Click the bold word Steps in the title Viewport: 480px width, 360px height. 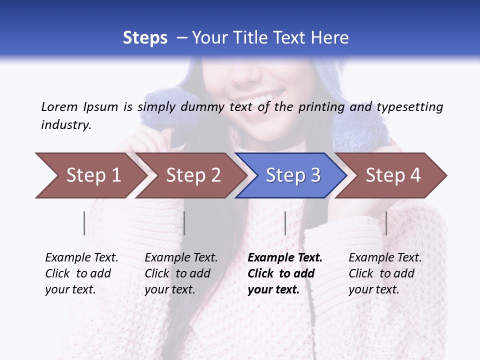tap(145, 37)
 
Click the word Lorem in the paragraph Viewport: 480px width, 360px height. tap(59, 106)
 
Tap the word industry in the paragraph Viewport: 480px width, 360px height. tap(66, 124)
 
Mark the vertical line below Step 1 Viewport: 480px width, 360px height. tap(84, 223)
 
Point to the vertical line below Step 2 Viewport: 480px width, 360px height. tap(184, 223)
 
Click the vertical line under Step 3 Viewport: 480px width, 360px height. tap(285, 223)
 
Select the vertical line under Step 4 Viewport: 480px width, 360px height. tap(386, 223)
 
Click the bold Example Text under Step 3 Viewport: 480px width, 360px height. tap(285, 258)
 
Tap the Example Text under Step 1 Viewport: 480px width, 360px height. tap(81, 258)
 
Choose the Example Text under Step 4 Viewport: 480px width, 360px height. tap(385, 258)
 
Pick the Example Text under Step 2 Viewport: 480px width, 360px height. tap(181, 258)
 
